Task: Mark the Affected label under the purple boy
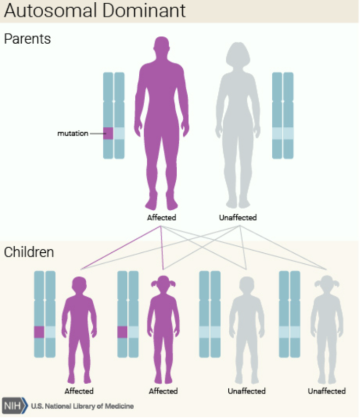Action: [x=81, y=390]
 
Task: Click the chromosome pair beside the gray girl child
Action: [x=291, y=314]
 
